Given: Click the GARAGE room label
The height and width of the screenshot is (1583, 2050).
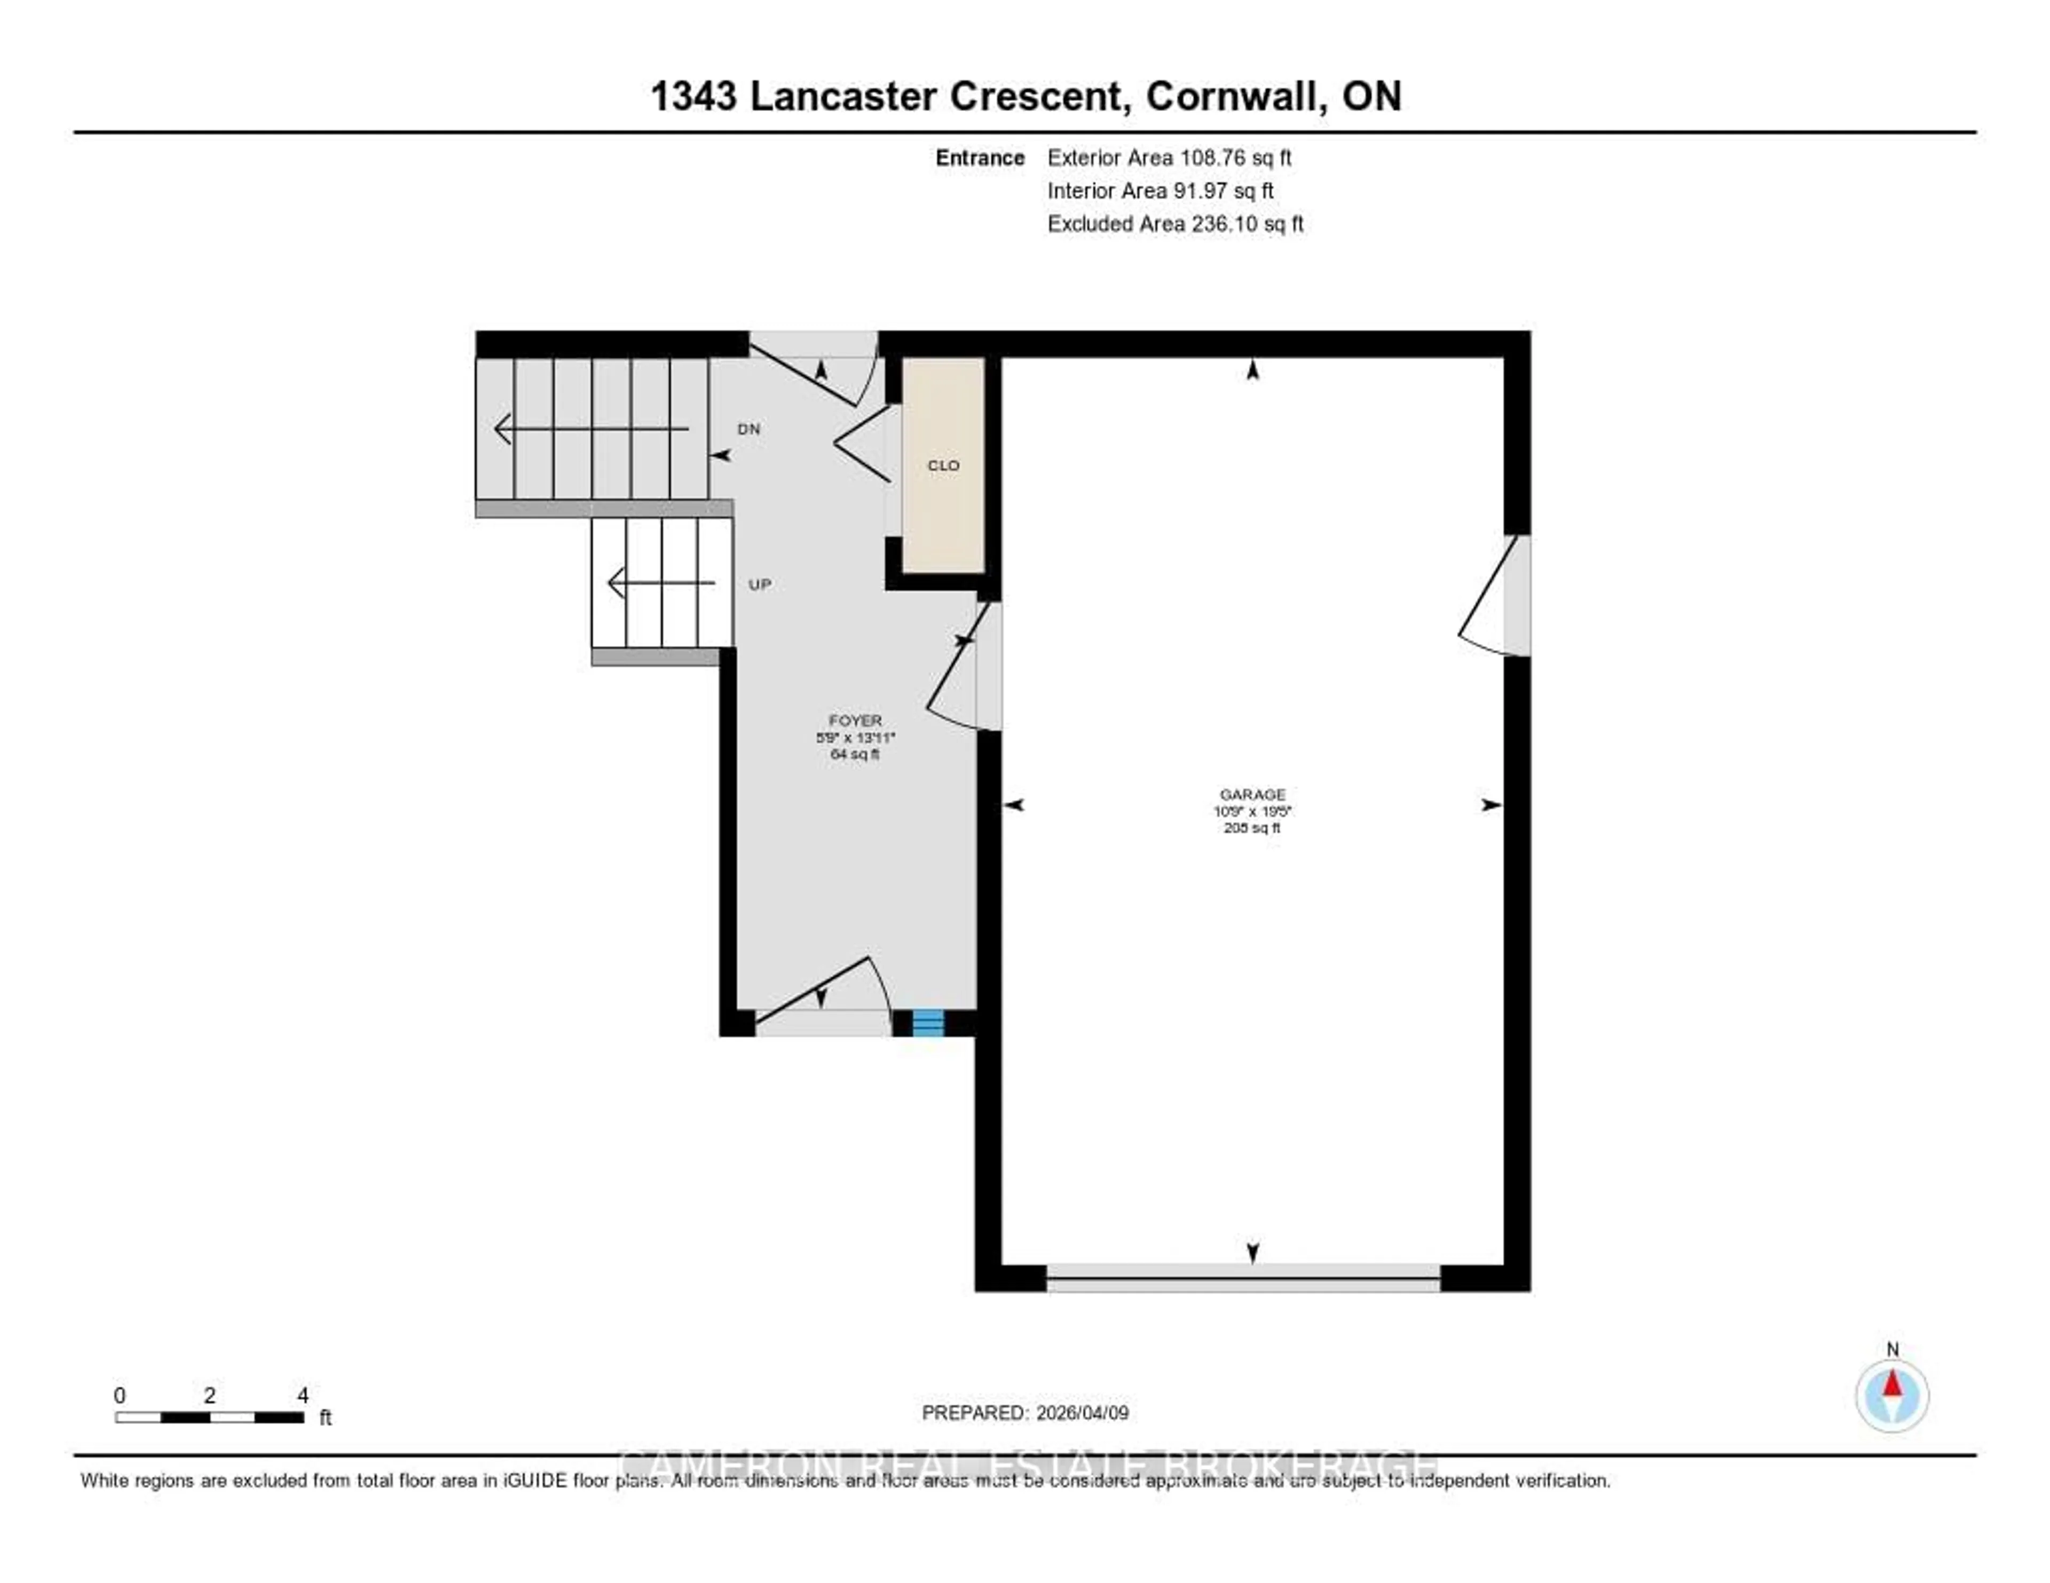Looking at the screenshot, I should (x=1252, y=794).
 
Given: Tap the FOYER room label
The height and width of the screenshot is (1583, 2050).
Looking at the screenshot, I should (x=855, y=721).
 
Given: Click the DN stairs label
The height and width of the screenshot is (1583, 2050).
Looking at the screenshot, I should (x=748, y=429).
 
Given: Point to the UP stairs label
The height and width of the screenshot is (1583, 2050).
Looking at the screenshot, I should (x=759, y=584).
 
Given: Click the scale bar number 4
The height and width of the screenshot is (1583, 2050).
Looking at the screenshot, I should (x=302, y=1395).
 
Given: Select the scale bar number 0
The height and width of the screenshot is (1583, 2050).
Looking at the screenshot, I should (x=119, y=1395).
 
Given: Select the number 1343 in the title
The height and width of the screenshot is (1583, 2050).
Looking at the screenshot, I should (x=693, y=96).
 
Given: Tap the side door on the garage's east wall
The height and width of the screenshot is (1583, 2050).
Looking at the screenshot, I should (x=1517, y=596).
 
